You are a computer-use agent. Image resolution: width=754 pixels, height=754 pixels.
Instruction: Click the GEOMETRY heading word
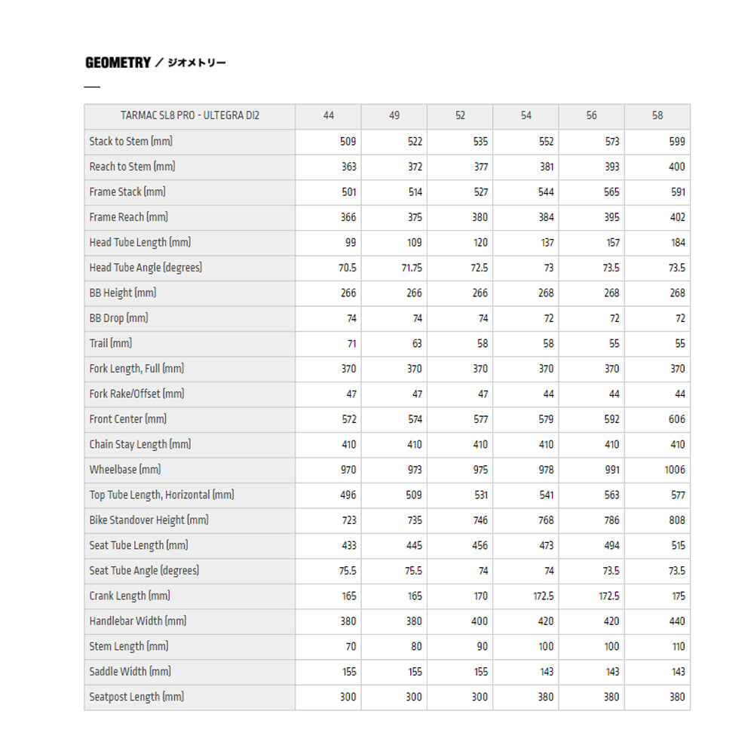coord(118,63)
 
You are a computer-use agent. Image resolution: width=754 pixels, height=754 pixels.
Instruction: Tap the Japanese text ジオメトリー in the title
coord(196,63)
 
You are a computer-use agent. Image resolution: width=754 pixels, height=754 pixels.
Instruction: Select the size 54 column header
coord(526,116)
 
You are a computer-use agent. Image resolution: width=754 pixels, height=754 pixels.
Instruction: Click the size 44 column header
coord(328,116)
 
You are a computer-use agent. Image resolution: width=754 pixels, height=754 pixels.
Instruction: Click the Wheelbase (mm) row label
coord(124,469)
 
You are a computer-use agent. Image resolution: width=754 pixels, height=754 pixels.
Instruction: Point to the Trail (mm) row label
coord(110,343)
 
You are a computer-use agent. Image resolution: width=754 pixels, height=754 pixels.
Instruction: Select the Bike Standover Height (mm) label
coord(149,520)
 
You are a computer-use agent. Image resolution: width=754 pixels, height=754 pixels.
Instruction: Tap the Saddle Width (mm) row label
coord(130,671)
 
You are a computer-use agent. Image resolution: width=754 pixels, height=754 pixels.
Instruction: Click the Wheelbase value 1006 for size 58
coord(675,470)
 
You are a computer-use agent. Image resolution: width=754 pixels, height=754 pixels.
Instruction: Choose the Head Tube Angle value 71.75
coord(412,268)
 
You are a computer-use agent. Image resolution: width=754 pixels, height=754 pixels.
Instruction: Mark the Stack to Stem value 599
coord(676,142)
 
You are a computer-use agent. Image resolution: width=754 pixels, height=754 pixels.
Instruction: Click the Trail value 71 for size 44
coord(351,344)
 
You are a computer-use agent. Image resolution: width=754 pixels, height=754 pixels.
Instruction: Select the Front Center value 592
coord(611,419)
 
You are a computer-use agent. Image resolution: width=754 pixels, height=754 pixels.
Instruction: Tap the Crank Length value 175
coord(679,596)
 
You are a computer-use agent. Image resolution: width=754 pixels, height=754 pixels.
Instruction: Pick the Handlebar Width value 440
coord(676,621)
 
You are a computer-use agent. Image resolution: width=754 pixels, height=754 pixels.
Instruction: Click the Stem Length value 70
coord(350,646)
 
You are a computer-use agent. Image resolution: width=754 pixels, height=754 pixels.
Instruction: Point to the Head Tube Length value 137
coord(547,243)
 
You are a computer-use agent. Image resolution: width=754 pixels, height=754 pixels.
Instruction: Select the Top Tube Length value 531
coord(480,495)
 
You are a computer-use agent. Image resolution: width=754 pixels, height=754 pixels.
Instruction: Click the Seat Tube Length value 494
coord(611,545)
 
